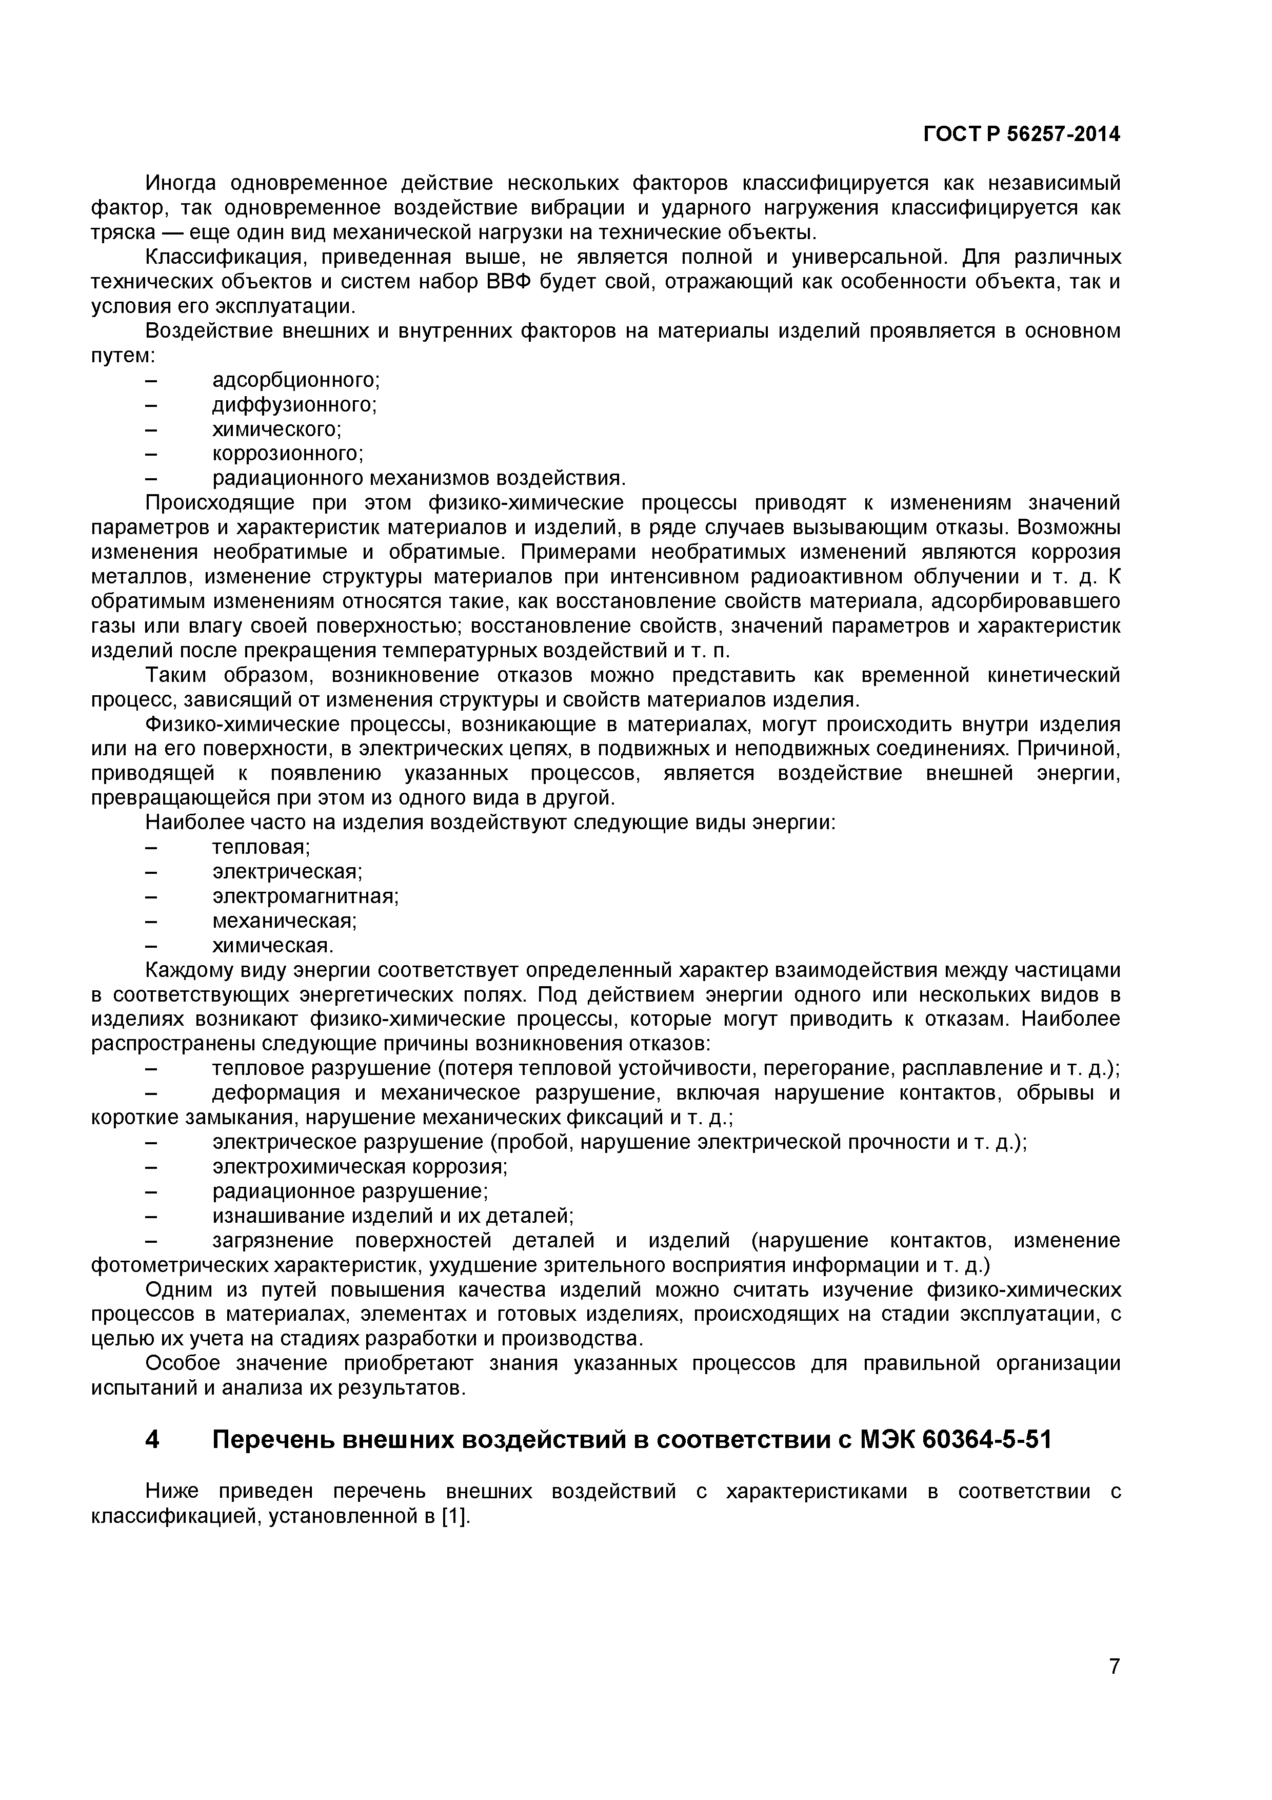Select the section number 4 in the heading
pyautogui.click(x=153, y=1440)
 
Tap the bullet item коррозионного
pyautogui.click(x=288, y=454)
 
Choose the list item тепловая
pyautogui.click(x=261, y=848)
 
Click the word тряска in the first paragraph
pyautogui.click(x=117, y=233)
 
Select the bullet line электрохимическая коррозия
pyautogui.click(x=360, y=1166)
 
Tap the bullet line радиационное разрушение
pyautogui.click(x=350, y=1191)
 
